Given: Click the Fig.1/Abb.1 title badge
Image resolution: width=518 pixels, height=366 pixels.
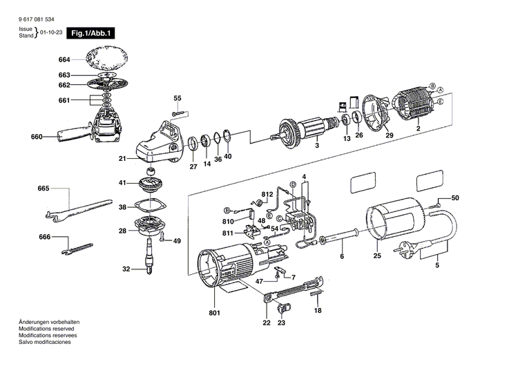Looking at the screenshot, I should click(88, 32).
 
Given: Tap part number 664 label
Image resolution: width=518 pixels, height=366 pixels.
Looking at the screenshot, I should click(65, 60).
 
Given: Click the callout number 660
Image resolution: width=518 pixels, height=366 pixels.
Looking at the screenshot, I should click(37, 137).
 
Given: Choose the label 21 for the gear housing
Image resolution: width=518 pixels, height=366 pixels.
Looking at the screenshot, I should click(122, 159).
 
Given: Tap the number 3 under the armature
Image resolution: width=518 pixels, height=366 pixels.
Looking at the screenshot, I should click(316, 146).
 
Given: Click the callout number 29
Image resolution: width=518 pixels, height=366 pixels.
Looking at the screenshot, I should click(390, 137).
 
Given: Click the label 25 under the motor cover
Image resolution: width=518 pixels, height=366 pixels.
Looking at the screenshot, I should click(376, 256).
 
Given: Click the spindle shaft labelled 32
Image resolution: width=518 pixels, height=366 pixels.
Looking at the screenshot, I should click(149, 262).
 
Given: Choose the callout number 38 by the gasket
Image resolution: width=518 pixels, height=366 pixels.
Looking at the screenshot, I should click(122, 207).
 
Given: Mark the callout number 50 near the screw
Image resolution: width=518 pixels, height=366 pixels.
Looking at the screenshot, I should click(454, 199).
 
